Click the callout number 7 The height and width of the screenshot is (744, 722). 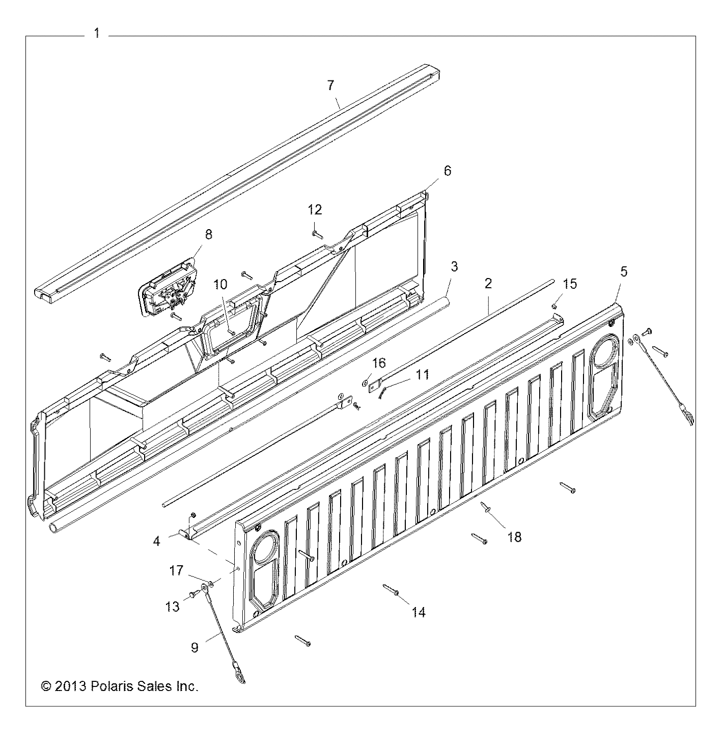pyautogui.click(x=331, y=86)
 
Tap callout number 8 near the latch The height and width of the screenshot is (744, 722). pyautogui.click(x=209, y=234)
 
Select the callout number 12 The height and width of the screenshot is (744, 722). pyautogui.click(x=315, y=209)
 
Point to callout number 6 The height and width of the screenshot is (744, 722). pyautogui.click(x=447, y=171)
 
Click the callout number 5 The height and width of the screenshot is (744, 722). pyautogui.click(x=623, y=271)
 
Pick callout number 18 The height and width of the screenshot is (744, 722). pyautogui.click(x=514, y=537)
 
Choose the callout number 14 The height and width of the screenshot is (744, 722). pyautogui.click(x=419, y=612)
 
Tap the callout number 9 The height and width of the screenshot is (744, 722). pyautogui.click(x=195, y=647)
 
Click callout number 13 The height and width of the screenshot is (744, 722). pyautogui.click(x=173, y=607)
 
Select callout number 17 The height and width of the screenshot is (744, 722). pyautogui.click(x=176, y=570)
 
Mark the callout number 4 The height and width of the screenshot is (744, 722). pyautogui.click(x=156, y=541)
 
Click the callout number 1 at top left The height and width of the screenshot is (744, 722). pyautogui.click(x=97, y=34)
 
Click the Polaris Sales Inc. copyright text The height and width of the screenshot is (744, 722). pyautogui.click(x=119, y=686)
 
